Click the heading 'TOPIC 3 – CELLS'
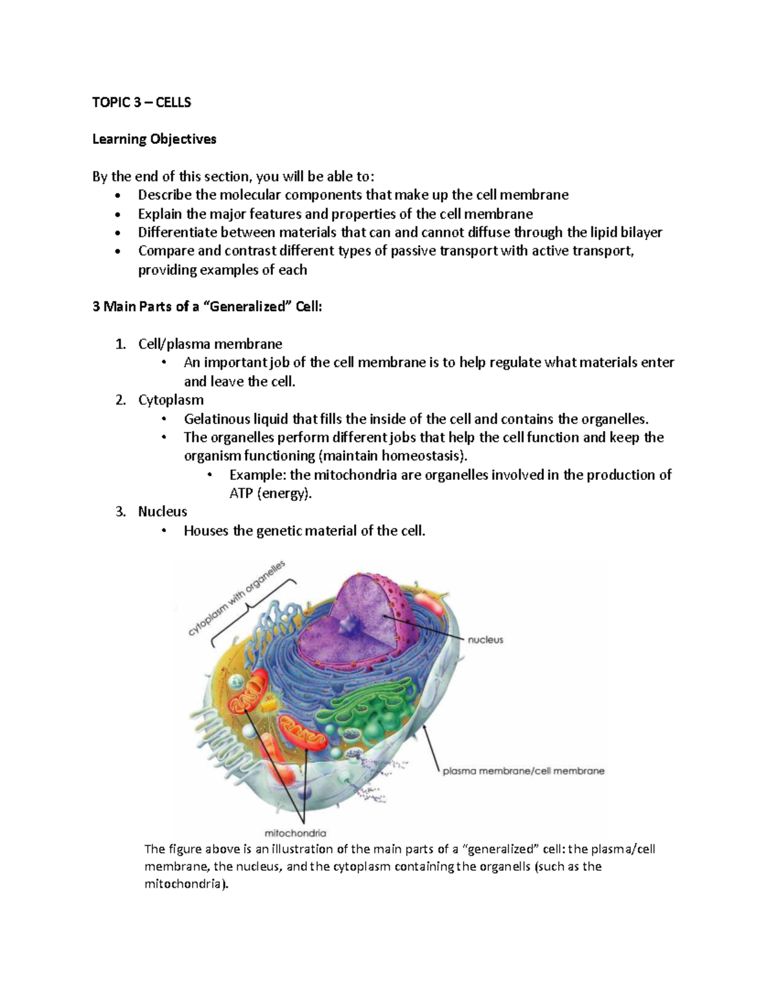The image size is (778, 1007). coord(141,102)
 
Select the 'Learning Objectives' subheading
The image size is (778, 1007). coord(154,139)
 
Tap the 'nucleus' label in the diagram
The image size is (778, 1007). coord(485,639)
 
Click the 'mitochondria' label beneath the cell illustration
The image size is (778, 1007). coord(295,833)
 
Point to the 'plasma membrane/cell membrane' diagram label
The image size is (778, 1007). coord(523,771)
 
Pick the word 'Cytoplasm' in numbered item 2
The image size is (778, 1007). coord(171,399)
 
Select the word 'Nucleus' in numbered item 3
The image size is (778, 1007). coord(162,512)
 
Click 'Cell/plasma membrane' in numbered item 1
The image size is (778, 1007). coord(210,344)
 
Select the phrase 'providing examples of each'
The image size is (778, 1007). coord(222,270)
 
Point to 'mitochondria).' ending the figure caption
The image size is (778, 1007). coord(187,884)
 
